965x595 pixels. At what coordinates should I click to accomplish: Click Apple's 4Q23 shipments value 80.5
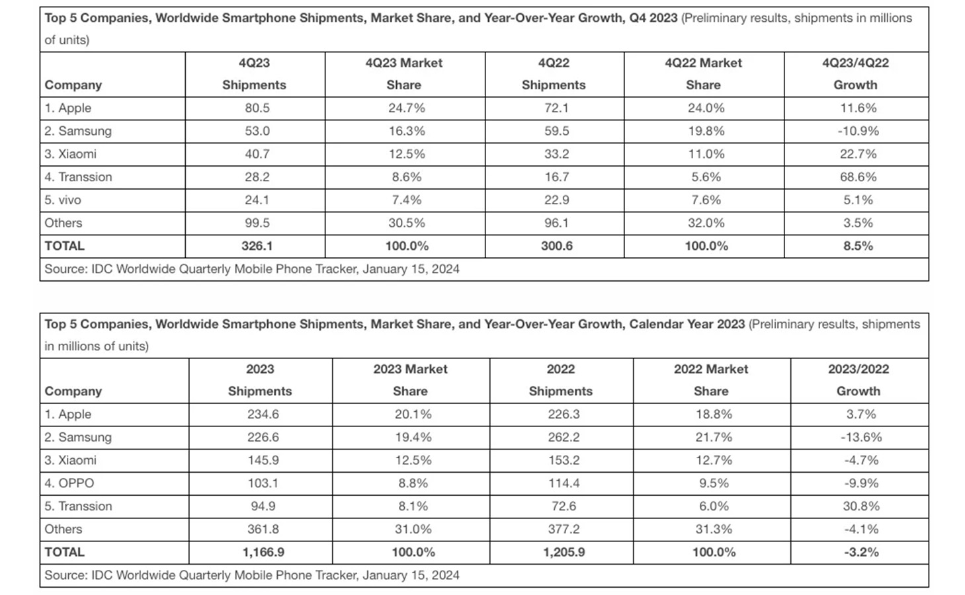click(257, 108)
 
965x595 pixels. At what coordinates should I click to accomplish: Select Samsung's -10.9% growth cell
click(858, 131)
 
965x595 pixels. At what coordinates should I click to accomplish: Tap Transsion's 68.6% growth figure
click(858, 177)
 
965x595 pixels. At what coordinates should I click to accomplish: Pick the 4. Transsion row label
click(78, 177)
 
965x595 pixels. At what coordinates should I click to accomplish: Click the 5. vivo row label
click(63, 200)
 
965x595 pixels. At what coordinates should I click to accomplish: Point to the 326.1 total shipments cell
click(257, 246)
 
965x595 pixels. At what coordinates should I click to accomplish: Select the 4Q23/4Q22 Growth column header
click(856, 73)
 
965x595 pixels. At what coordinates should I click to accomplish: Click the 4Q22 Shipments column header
click(554, 73)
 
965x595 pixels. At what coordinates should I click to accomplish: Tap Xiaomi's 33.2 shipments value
click(557, 154)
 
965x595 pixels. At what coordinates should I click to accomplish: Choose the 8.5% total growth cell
click(858, 246)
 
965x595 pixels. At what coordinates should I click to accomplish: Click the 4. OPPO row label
click(69, 483)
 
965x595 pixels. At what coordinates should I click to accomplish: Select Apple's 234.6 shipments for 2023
click(263, 414)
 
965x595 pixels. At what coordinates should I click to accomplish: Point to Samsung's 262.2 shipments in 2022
click(564, 437)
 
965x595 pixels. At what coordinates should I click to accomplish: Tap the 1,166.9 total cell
click(263, 552)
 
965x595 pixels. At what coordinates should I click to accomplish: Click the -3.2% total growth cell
click(861, 552)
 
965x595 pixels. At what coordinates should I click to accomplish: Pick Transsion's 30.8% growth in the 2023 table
click(861, 506)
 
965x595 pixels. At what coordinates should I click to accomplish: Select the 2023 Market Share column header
click(410, 379)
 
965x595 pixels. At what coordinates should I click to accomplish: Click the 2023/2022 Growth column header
click(859, 379)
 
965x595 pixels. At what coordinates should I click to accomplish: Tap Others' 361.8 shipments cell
click(263, 529)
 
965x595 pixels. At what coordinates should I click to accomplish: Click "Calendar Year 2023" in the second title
click(687, 324)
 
